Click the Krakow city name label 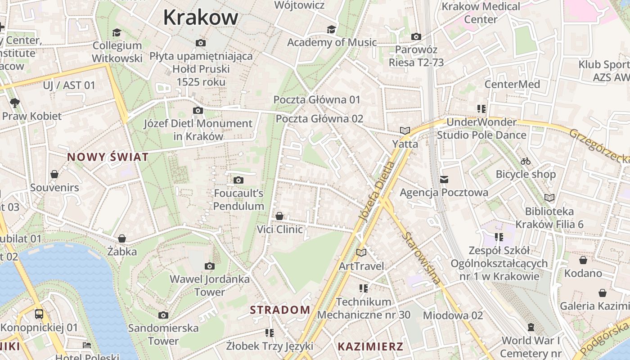point(200,18)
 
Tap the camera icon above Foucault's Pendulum point(238,180)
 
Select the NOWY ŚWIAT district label point(108,157)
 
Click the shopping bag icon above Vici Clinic point(279,216)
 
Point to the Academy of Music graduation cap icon point(332,29)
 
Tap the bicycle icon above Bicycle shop point(525,161)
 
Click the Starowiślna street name point(421,258)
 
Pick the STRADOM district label point(280,310)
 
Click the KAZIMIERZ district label point(370,346)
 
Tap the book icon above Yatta point(405,131)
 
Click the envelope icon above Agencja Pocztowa point(444,180)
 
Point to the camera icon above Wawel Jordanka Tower point(209,266)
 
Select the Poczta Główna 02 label point(319,119)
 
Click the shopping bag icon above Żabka point(121,238)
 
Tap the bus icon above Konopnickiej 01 point(39,314)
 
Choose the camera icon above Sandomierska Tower point(163,315)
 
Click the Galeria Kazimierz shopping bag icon point(602,293)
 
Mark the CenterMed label point(512,84)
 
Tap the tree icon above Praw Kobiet point(14,103)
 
